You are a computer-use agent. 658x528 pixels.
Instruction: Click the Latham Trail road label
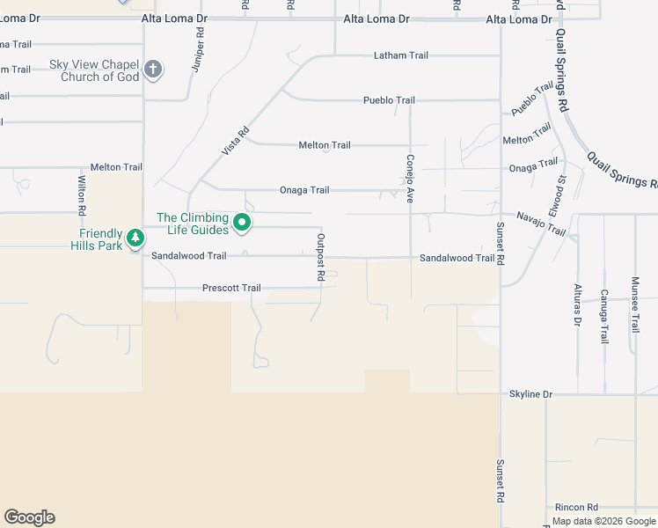pyautogui.click(x=400, y=55)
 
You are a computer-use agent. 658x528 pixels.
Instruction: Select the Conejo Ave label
pyautogui.click(x=410, y=180)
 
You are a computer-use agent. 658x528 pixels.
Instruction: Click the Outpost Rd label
pyautogui.click(x=321, y=258)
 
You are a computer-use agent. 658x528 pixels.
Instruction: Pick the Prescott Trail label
pyautogui.click(x=231, y=288)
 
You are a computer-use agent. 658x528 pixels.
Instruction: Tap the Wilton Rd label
pyautogui.click(x=82, y=194)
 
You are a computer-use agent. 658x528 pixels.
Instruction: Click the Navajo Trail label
pyautogui.click(x=541, y=224)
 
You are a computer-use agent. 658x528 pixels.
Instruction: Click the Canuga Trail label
pyautogui.click(x=603, y=315)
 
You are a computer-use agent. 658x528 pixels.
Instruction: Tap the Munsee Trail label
pyautogui.click(x=634, y=304)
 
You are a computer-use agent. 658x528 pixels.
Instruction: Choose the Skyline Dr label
pyautogui.click(x=530, y=394)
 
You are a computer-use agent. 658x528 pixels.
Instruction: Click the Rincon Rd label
pyautogui.click(x=576, y=508)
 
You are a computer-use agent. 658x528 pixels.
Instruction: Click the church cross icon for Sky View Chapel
pyautogui.click(x=153, y=70)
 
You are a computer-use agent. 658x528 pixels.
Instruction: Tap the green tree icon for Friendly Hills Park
pyautogui.click(x=135, y=238)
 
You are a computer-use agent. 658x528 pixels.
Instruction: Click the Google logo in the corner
pyautogui.click(x=29, y=517)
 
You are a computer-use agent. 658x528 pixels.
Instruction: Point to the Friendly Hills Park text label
pyautogui.click(x=97, y=239)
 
